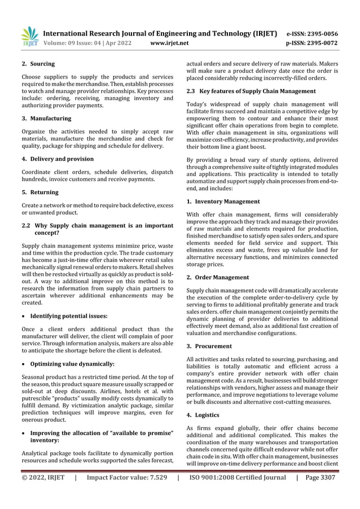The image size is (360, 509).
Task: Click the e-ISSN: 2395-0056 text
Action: (312, 33)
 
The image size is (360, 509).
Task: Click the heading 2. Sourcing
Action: (38, 64)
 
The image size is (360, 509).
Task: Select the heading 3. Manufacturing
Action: (46, 119)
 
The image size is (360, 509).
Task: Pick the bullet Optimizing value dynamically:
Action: (72, 364)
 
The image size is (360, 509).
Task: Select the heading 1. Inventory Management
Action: (223, 201)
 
